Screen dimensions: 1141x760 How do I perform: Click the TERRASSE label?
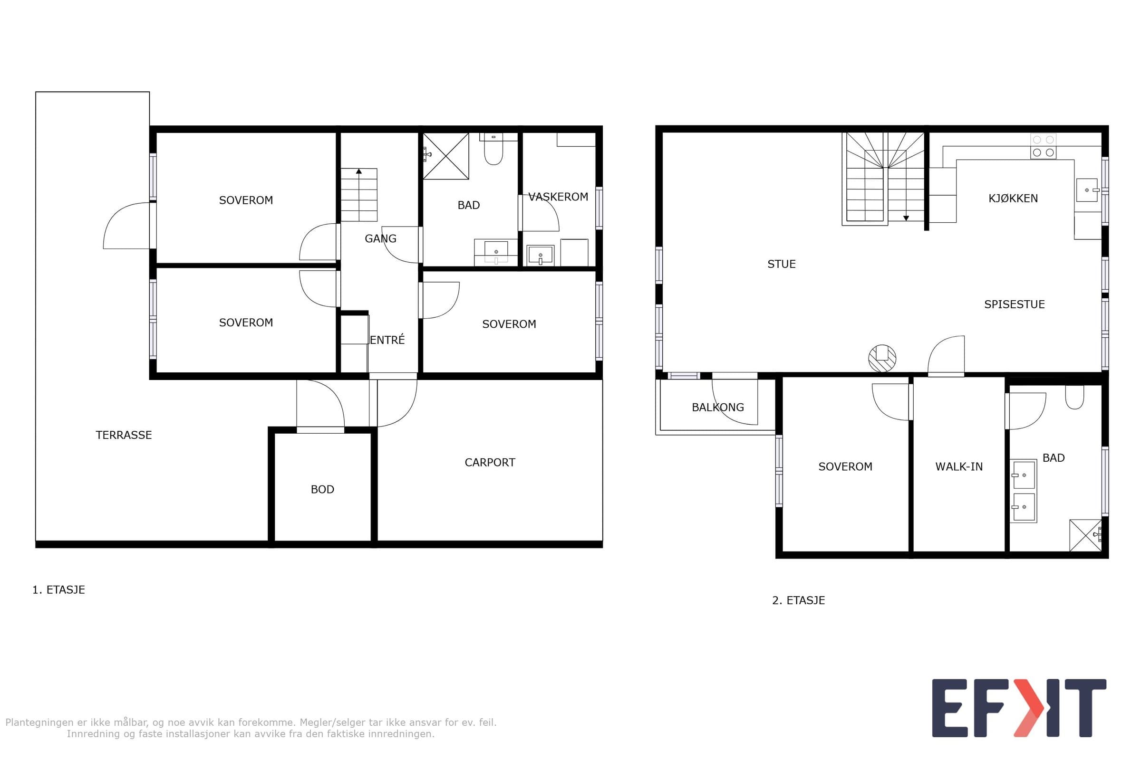pyautogui.click(x=124, y=435)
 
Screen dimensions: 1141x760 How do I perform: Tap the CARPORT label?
pyautogui.click(x=490, y=462)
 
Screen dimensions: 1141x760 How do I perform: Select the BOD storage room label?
pyautogui.click(x=323, y=490)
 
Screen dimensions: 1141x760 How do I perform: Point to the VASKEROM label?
pyautogui.click(x=558, y=197)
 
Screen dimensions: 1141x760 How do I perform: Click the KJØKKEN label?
pyautogui.click(x=1014, y=198)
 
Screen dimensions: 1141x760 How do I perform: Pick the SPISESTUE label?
pyautogui.click(x=1015, y=304)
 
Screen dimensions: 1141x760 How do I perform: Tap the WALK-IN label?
pyautogui.click(x=959, y=467)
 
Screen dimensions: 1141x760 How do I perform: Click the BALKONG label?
pyautogui.click(x=718, y=408)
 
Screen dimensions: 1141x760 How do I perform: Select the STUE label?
pyautogui.click(x=782, y=264)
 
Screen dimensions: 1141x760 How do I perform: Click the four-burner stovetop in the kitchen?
pyautogui.click(x=1044, y=146)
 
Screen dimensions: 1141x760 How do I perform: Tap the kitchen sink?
pyautogui.click(x=1087, y=190)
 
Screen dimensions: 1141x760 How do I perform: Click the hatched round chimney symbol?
pyautogui.click(x=882, y=358)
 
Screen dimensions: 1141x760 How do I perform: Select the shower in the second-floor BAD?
pyautogui.click(x=1086, y=536)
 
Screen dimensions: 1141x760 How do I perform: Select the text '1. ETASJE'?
pyautogui.click(x=58, y=590)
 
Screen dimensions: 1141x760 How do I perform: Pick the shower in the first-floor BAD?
pyautogui.click(x=446, y=156)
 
